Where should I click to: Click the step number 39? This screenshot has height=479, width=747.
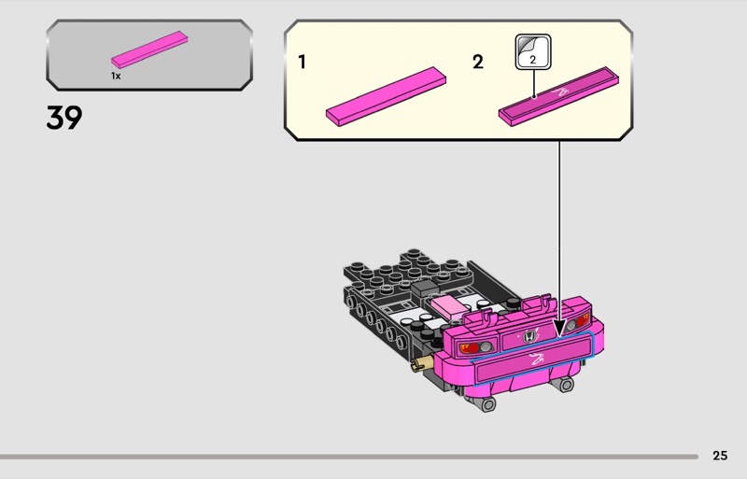click(x=64, y=118)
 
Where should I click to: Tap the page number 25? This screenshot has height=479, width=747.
click(x=720, y=456)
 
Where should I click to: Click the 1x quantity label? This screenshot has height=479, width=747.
click(x=116, y=76)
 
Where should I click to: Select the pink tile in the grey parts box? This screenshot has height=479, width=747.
click(x=149, y=49)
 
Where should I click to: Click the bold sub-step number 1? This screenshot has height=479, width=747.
click(x=302, y=62)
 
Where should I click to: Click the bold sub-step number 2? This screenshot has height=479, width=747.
click(x=478, y=62)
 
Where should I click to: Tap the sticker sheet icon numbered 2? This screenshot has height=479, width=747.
click(x=533, y=52)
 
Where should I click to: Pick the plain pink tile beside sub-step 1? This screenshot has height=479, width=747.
click(x=386, y=96)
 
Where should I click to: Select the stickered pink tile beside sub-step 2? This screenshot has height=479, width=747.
click(x=558, y=96)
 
